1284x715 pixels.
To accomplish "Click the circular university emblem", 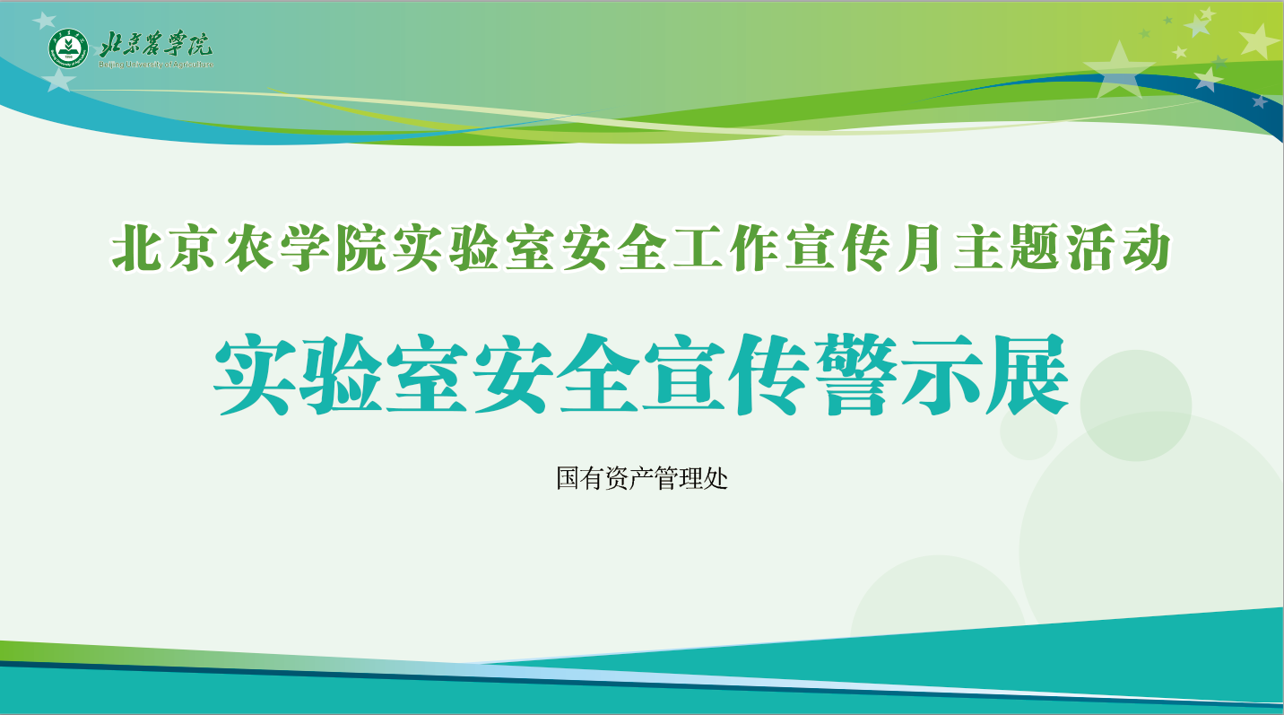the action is pyautogui.click(x=68, y=48).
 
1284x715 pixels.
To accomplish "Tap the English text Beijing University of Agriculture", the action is pyautogui.click(x=156, y=65).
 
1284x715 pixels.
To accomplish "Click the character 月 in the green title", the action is pyautogui.click(x=919, y=248).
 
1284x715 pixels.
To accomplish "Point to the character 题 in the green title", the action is pyautogui.click(x=1034, y=248).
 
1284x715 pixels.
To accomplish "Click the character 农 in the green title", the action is pyautogui.click(x=248, y=248).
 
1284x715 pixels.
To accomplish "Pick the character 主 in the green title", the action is pyautogui.click(x=977, y=248).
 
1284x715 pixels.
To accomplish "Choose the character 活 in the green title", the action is pyautogui.click(x=1089, y=248).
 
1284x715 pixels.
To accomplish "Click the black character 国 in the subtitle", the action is pyautogui.click(x=568, y=478).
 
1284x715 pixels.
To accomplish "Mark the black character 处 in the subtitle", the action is pyautogui.click(x=716, y=478).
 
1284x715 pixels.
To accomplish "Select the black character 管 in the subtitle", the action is pyautogui.click(x=666, y=478).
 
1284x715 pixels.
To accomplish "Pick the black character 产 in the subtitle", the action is pyautogui.click(x=642, y=478).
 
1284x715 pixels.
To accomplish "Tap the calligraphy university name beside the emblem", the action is pyautogui.click(x=156, y=44).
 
